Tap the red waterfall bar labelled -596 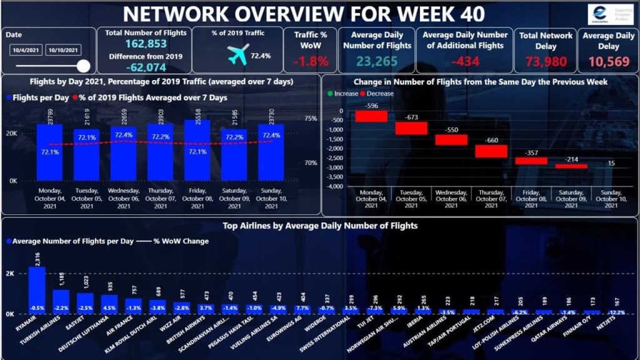click(372, 116)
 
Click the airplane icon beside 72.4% click(238, 56)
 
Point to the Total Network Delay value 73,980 click(546, 61)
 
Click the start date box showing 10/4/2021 click(25, 50)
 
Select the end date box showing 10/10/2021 click(64, 50)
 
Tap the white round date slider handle click(83, 66)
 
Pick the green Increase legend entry click(343, 94)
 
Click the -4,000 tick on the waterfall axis click(335, 186)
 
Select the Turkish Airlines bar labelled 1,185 click(61, 301)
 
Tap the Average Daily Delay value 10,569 click(606, 61)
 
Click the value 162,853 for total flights click(144, 44)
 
